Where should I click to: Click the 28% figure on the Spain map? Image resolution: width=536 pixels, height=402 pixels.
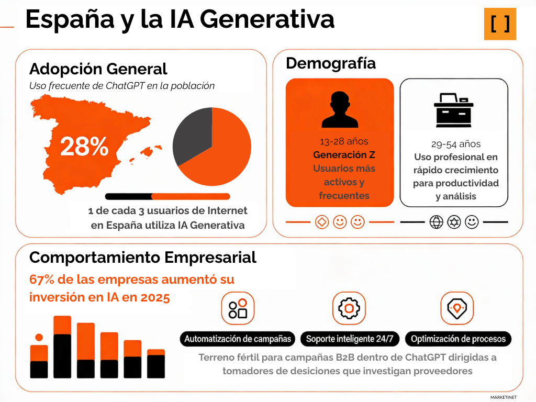tap(84, 147)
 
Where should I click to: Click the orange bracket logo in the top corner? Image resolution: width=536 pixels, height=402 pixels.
tap(500, 24)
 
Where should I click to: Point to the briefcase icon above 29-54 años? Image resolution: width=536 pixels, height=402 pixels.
tap(454, 110)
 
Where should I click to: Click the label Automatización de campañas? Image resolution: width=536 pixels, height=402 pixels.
tap(238, 339)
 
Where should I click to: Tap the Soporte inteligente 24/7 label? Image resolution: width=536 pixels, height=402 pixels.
tap(349, 339)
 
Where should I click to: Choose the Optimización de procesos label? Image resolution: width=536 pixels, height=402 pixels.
tap(458, 339)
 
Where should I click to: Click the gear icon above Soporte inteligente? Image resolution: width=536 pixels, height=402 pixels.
tap(349, 308)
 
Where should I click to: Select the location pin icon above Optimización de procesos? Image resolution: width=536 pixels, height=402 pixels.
tap(456, 308)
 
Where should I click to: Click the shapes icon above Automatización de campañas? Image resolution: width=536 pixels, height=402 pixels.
tap(238, 308)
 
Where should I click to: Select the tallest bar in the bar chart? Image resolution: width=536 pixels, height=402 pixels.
tap(62, 347)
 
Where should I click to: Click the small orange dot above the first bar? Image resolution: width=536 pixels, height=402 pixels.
tap(39, 338)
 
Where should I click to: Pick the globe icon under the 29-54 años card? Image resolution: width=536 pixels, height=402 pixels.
tap(436, 222)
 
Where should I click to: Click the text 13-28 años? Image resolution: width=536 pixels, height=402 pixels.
tap(344, 141)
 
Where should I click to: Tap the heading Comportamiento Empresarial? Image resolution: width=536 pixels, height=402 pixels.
tap(142, 257)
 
